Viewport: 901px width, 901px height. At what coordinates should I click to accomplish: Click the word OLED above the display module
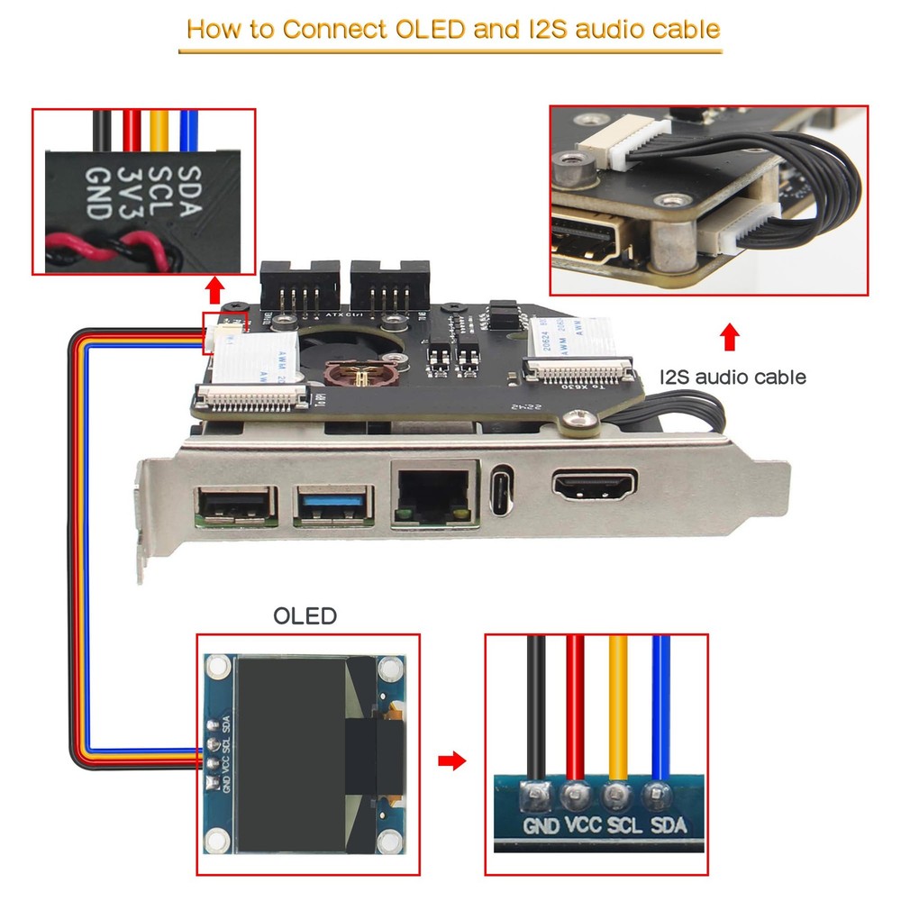click(x=305, y=616)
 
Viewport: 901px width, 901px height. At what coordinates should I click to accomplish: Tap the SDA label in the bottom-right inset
click(x=668, y=824)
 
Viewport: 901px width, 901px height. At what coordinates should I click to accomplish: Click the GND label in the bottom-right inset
click(x=542, y=824)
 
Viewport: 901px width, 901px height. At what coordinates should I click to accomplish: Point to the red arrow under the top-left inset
click(x=214, y=291)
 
